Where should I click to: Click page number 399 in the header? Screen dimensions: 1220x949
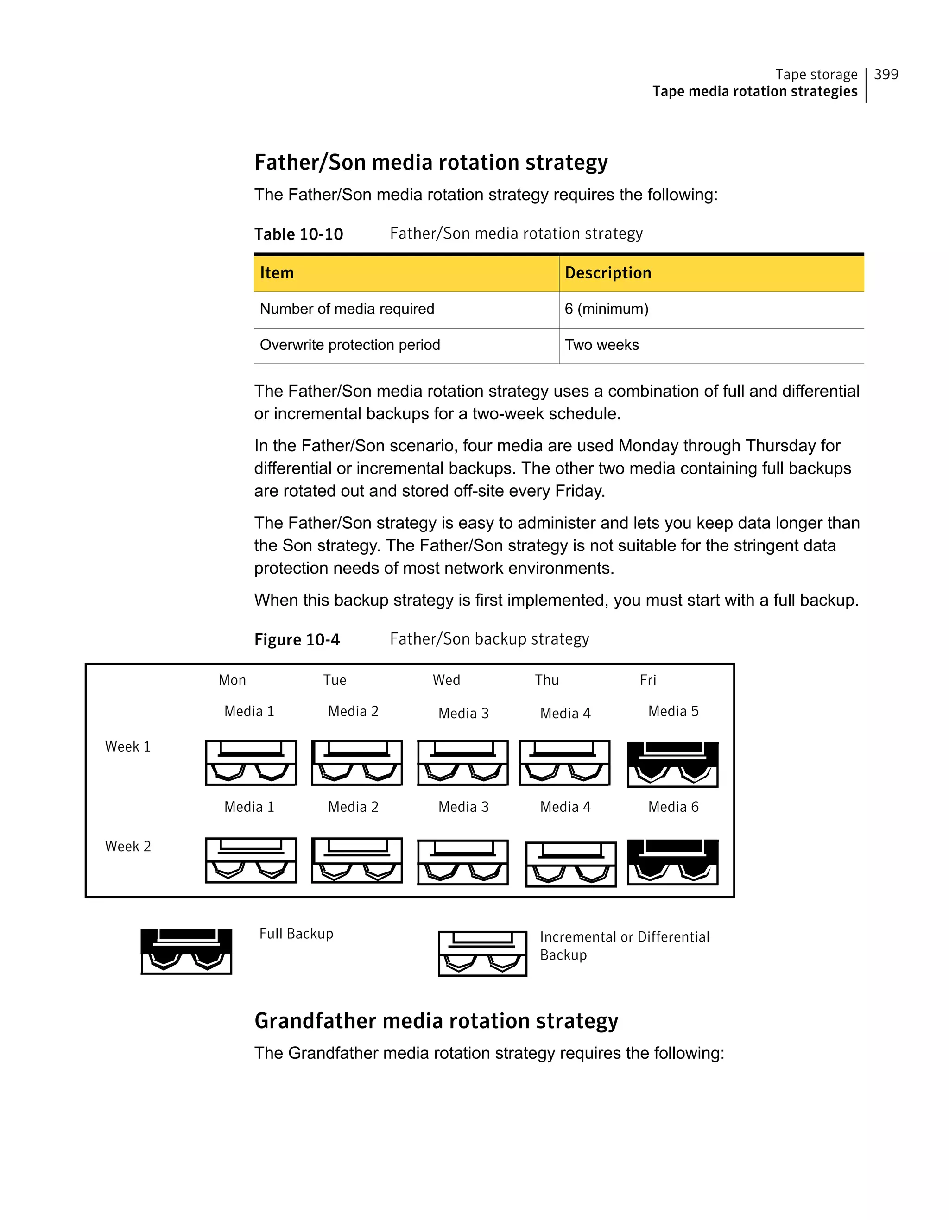pos(886,74)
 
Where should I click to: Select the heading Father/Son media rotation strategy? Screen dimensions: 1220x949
pos(430,163)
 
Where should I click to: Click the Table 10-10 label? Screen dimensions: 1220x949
pos(298,234)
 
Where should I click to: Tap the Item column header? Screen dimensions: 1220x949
pos(277,273)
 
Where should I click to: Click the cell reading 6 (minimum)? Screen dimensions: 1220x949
pos(606,309)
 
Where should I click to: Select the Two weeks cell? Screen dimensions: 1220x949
pos(601,345)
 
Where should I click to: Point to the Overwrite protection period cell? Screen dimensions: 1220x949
pos(350,345)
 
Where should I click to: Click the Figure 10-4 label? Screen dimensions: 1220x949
pos(297,639)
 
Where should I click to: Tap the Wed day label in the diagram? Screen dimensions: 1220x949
pos(446,680)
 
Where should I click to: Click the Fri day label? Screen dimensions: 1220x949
pos(648,680)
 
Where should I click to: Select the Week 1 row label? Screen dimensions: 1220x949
pos(128,747)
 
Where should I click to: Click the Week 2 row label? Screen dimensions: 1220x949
pos(128,846)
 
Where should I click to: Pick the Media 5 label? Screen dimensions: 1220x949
pos(673,711)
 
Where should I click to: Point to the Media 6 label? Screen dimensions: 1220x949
pos(673,807)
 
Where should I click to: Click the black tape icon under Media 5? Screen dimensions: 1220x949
pos(672,764)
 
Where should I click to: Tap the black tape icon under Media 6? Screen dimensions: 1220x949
pos(672,861)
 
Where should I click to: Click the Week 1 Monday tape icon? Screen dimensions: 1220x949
pos(251,763)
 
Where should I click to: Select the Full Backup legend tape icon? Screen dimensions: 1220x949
pos(186,951)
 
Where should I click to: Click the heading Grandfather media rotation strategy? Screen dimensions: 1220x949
pos(436,1021)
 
